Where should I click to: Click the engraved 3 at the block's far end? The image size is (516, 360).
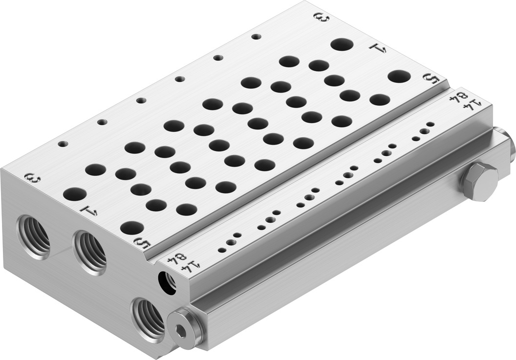coord(321,18)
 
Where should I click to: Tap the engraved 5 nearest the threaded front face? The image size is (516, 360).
coord(144,242)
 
